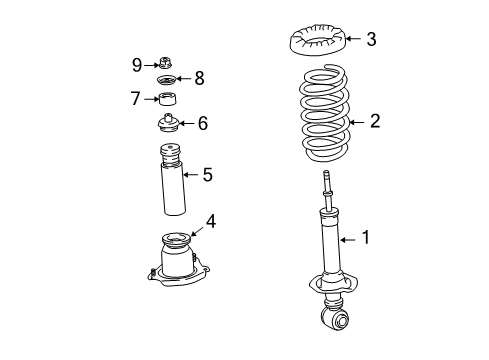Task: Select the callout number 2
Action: pos(375,122)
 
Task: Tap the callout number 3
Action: pos(371,40)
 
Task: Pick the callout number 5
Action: pos(207,175)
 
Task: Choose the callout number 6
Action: pos(202,123)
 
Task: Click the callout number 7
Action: pos(135,98)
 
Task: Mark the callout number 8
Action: pos(198,78)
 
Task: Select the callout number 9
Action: pos(137,65)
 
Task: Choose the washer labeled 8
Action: pos(167,80)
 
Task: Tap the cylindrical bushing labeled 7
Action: pos(168,99)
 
